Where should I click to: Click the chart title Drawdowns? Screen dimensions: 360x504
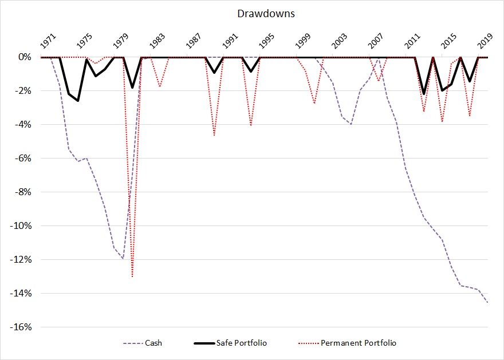pyautogui.click(x=253, y=12)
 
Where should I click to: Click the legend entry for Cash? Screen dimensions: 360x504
pyautogui.click(x=153, y=343)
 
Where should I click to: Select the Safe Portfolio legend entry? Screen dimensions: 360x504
pyautogui.click(x=241, y=343)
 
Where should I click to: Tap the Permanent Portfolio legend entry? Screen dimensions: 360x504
pyautogui.click(x=359, y=343)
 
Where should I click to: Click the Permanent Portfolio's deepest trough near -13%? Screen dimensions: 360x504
pyautogui.click(x=132, y=277)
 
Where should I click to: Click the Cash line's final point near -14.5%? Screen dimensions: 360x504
pyautogui.click(x=487, y=302)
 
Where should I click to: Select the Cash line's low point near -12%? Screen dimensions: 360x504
pyautogui.click(x=123, y=259)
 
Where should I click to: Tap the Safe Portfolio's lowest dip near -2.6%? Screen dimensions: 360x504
pyautogui.click(x=78, y=101)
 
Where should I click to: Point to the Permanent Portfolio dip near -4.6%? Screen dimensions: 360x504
pyautogui.click(x=214, y=135)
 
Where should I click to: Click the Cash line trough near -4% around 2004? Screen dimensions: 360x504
pyautogui.click(x=351, y=124)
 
